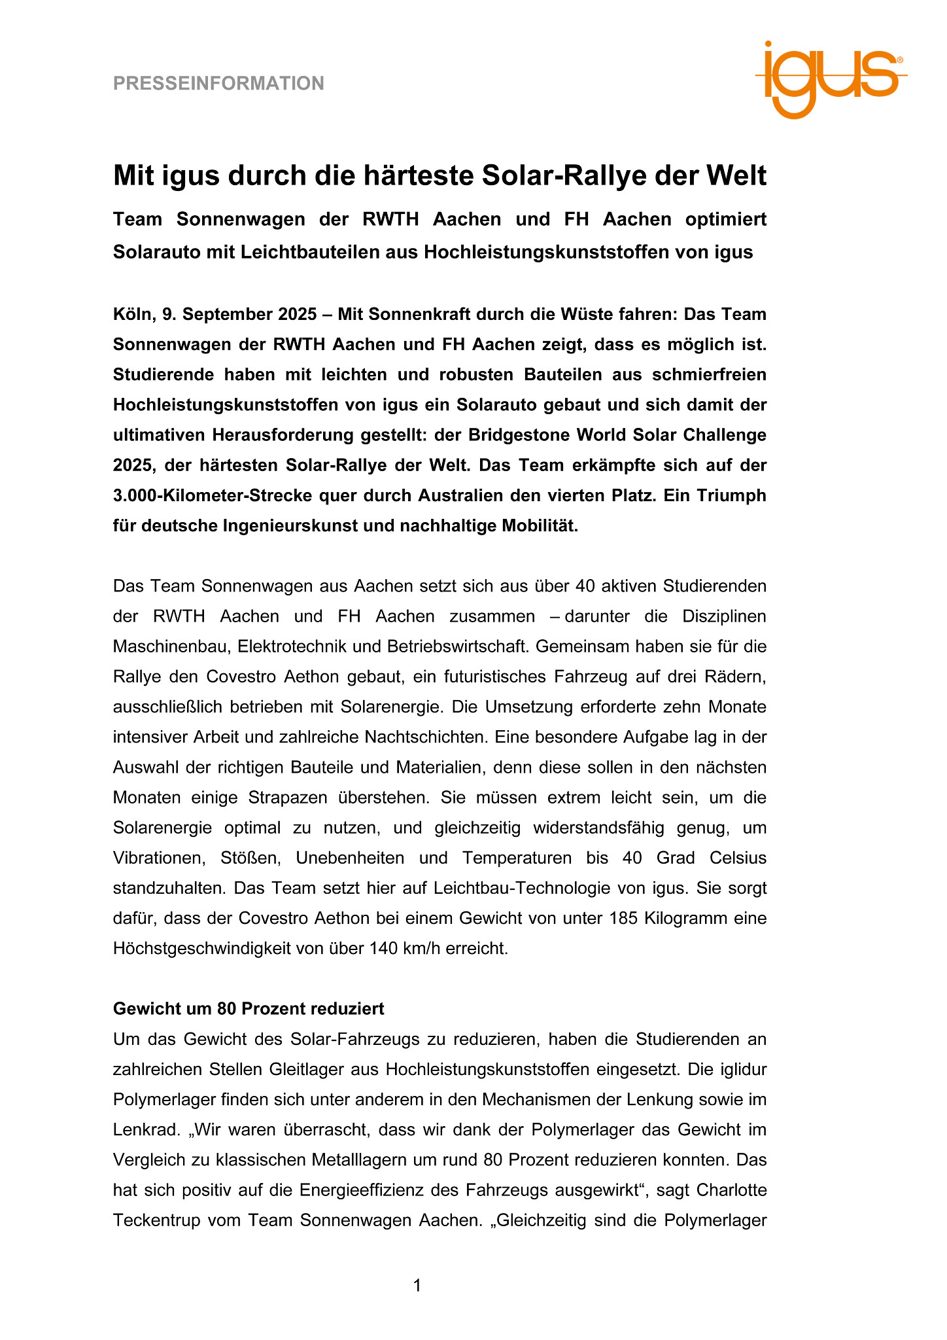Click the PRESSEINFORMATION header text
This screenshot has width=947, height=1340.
(218, 84)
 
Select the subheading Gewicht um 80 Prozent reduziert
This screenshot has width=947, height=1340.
(249, 1008)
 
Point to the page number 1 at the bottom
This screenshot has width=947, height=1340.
(417, 1286)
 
